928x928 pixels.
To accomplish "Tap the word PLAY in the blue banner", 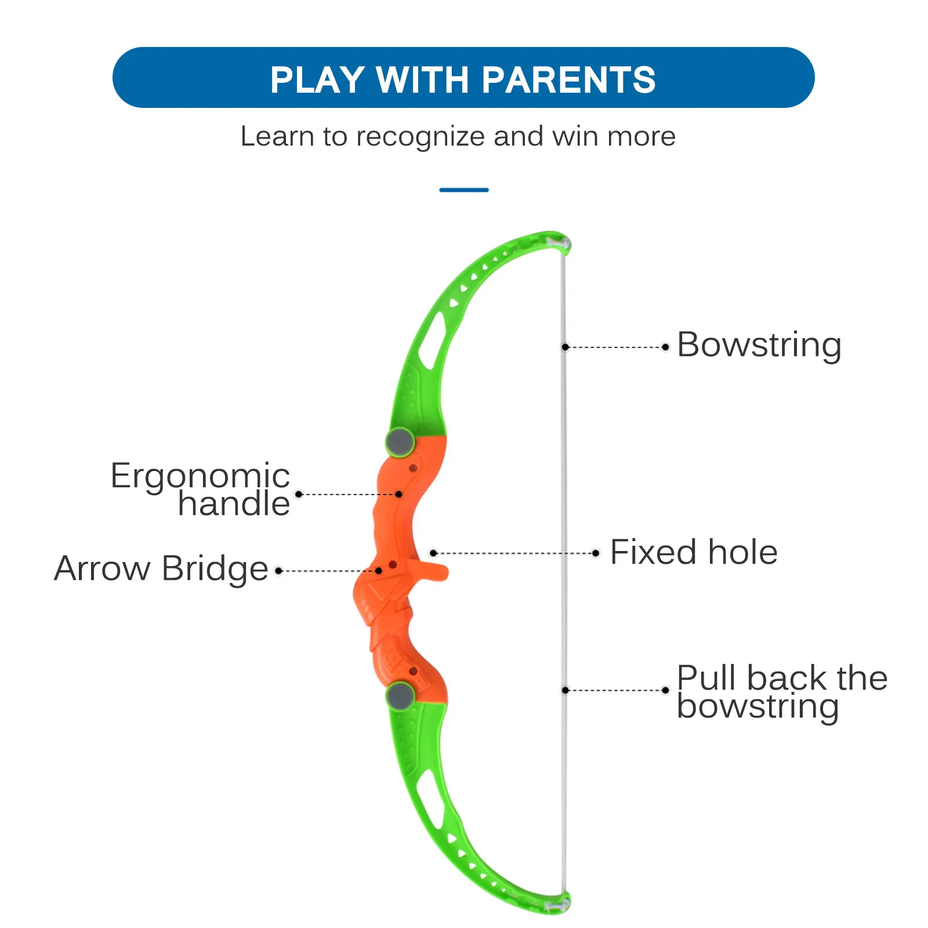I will click(x=317, y=79).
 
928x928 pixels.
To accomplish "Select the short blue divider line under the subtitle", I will click(x=464, y=190).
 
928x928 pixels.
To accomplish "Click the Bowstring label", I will click(x=759, y=345).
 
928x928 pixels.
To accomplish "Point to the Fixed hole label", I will click(x=694, y=552).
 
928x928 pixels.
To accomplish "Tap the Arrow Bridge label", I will click(x=161, y=568).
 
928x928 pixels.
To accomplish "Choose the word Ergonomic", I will click(x=200, y=476).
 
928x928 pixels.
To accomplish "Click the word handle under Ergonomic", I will click(x=234, y=503).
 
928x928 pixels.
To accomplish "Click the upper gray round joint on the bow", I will click(x=400, y=443).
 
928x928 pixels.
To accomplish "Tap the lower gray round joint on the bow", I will click(x=400, y=695).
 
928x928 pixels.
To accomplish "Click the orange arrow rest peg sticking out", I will click(x=433, y=571).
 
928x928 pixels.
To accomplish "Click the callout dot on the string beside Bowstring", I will click(x=565, y=347).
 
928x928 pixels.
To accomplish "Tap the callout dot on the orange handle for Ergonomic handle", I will click(x=398, y=494).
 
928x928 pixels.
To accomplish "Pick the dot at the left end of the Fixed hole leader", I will click(x=433, y=553).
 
